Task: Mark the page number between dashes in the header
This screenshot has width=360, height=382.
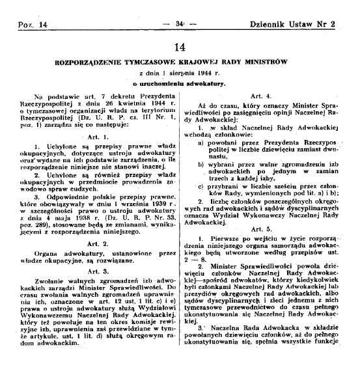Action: (180, 6)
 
